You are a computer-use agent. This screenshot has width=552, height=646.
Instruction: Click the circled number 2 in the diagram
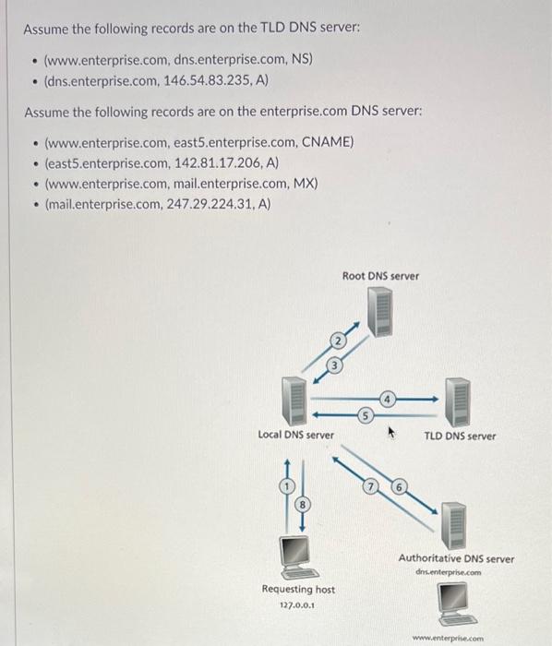tap(338, 342)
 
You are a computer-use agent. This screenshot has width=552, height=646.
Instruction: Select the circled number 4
tap(389, 400)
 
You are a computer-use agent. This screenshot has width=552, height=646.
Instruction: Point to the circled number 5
tap(366, 416)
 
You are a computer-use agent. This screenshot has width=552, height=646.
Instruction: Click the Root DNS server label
tap(380, 276)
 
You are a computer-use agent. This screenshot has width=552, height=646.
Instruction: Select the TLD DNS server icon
tap(459, 401)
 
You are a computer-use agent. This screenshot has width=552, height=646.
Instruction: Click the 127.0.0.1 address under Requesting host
tap(297, 606)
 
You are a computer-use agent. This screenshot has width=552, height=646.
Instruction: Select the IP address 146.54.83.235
tap(211, 80)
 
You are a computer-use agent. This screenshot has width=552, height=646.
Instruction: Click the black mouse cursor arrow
tap(392, 430)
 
